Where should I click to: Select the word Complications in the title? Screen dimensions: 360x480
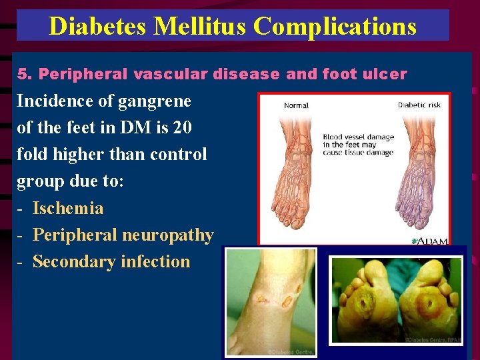click(x=335, y=26)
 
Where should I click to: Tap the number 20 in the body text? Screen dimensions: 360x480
click(x=183, y=127)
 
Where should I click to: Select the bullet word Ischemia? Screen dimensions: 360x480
click(x=68, y=208)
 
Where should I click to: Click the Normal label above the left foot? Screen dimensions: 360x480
click(x=296, y=105)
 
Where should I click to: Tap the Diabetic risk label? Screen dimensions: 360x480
click(x=419, y=105)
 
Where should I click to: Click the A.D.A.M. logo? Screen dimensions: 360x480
click(x=429, y=240)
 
